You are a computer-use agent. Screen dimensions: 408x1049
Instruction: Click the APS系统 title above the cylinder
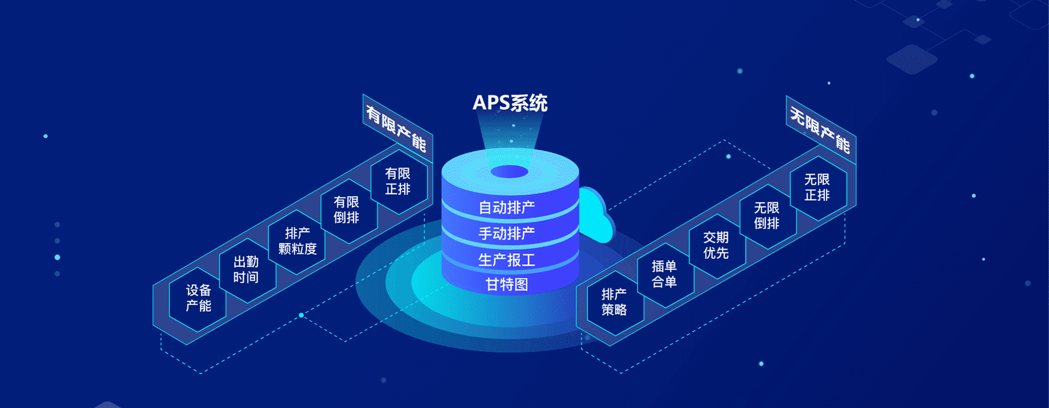tap(510, 103)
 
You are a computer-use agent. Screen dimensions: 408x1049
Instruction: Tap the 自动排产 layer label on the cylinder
tap(506, 208)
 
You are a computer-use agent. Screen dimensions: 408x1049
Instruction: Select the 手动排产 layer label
tap(506, 234)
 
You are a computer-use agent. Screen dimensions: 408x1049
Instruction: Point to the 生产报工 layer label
tap(506, 260)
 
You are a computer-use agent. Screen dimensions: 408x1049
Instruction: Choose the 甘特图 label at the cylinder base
tap(506, 284)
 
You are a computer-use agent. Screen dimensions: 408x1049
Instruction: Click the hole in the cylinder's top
tap(509, 172)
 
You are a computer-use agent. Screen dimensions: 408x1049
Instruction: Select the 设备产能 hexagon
tap(198, 298)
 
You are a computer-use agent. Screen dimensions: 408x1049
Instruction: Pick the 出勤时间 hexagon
tap(246, 270)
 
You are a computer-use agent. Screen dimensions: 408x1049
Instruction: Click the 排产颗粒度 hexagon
tap(297, 241)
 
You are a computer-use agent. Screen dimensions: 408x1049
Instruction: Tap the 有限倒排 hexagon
tap(347, 210)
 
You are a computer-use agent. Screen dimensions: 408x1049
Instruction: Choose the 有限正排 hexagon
tap(398, 182)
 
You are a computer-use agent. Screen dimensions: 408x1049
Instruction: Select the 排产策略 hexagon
tap(614, 302)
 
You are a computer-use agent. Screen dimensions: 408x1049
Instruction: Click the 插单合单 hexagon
tap(664, 274)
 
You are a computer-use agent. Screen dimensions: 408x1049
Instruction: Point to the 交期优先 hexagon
tap(716, 245)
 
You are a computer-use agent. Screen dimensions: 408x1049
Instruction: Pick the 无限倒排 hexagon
tap(767, 215)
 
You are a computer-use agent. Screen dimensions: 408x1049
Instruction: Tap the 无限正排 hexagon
tap(817, 188)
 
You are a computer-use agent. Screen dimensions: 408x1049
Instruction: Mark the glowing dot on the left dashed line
tap(301, 315)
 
